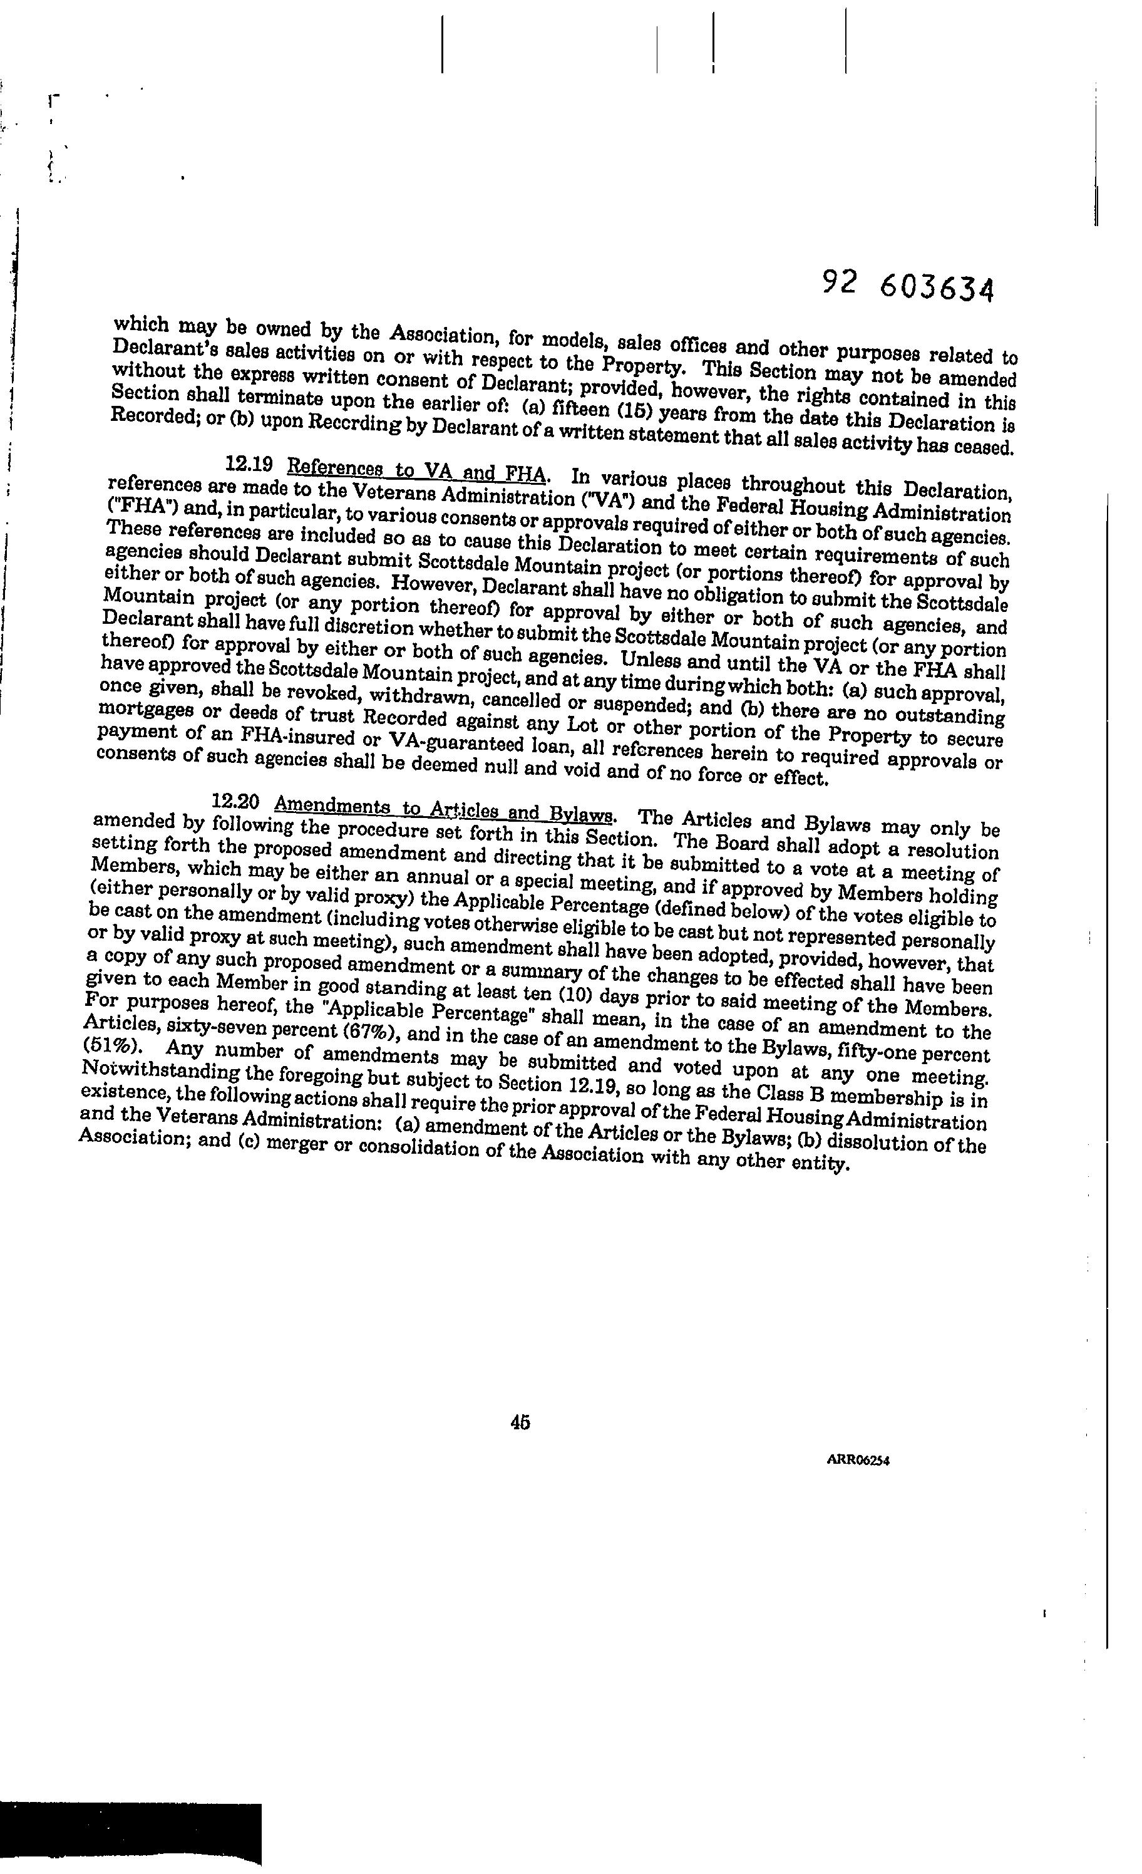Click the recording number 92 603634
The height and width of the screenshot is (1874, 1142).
coord(908,286)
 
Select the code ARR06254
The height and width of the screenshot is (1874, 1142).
coord(857,1481)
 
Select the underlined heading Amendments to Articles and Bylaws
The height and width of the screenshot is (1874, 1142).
coord(443,809)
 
